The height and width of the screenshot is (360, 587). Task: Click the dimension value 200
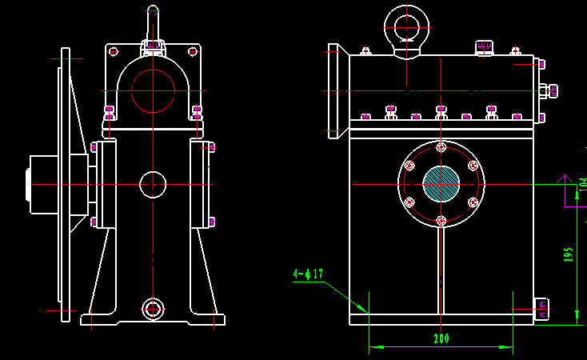441,338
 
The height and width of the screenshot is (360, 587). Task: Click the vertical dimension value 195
569,254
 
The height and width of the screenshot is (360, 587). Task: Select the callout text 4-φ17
308,274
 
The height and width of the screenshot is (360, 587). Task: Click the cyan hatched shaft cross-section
441,183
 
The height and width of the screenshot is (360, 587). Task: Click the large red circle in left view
153,90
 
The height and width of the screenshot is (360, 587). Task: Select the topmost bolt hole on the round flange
441,147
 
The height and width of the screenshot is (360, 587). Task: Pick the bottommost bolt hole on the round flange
441,220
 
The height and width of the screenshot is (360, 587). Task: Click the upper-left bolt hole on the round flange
410,166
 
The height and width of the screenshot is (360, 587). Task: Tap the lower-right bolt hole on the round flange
473,202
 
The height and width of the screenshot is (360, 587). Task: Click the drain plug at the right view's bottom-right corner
542,307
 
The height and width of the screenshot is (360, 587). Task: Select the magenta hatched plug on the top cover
484,48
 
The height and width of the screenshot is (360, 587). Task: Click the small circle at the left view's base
152,309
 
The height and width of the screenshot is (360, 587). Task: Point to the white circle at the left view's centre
152,184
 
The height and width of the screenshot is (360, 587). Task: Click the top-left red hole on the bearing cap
114,52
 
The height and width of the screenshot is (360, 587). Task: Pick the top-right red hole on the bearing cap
192,52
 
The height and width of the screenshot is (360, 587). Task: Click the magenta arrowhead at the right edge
563,180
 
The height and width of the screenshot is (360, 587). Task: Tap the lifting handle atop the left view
152,24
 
